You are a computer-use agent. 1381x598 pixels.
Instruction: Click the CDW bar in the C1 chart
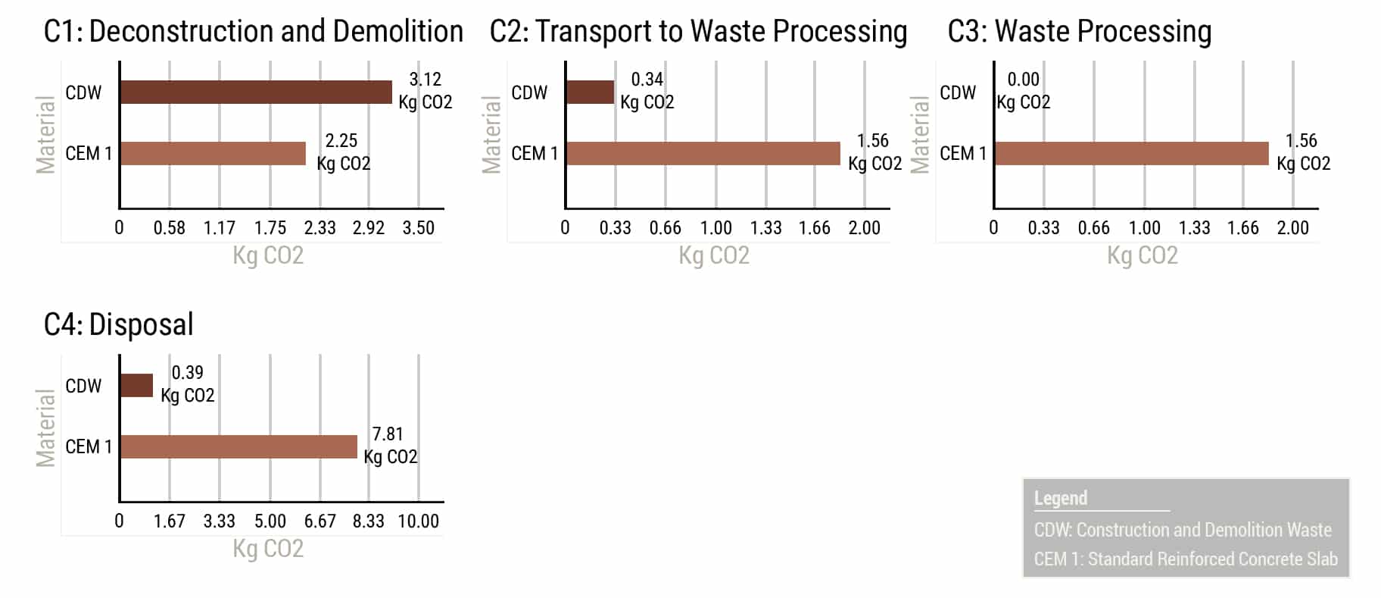tap(256, 92)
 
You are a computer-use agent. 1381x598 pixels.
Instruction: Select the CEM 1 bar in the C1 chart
tap(213, 153)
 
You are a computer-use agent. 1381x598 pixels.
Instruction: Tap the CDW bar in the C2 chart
tap(590, 92)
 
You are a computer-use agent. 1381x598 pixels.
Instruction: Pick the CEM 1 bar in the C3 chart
tap(1132, 153)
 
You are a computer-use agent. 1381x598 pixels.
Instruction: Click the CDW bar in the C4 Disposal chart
tap(137, 386)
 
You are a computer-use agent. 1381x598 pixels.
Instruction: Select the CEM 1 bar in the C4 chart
tap(238, 446)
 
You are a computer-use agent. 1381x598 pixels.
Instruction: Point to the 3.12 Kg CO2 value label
tap(426, 91)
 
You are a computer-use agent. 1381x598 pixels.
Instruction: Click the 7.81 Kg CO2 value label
tap(390, 445)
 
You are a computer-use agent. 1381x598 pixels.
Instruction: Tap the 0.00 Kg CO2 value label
tap(1023, 91)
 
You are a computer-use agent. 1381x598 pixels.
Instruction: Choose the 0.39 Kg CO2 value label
tap(187, 384)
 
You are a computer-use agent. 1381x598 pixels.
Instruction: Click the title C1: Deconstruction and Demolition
tap(254, 32)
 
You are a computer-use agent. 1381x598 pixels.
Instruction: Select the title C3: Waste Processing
tap(1080, 32)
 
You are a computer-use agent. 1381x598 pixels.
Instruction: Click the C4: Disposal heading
tap(119, 324)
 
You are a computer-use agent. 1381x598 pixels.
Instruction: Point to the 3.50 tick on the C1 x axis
tap(418, 228)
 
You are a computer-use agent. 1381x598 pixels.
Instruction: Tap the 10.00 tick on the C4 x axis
tap(418, 521)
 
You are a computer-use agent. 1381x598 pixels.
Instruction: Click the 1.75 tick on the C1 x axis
tap(270, 228)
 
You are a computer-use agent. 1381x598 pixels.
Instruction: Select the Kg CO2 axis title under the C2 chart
tap(714, 255)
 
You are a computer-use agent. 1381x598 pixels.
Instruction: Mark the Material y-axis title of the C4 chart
tap(46, 427)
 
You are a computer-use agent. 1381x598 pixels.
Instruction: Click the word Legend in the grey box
tap(1061, 499)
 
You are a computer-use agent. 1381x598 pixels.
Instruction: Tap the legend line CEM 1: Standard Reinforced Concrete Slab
tap(1186, 559)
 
